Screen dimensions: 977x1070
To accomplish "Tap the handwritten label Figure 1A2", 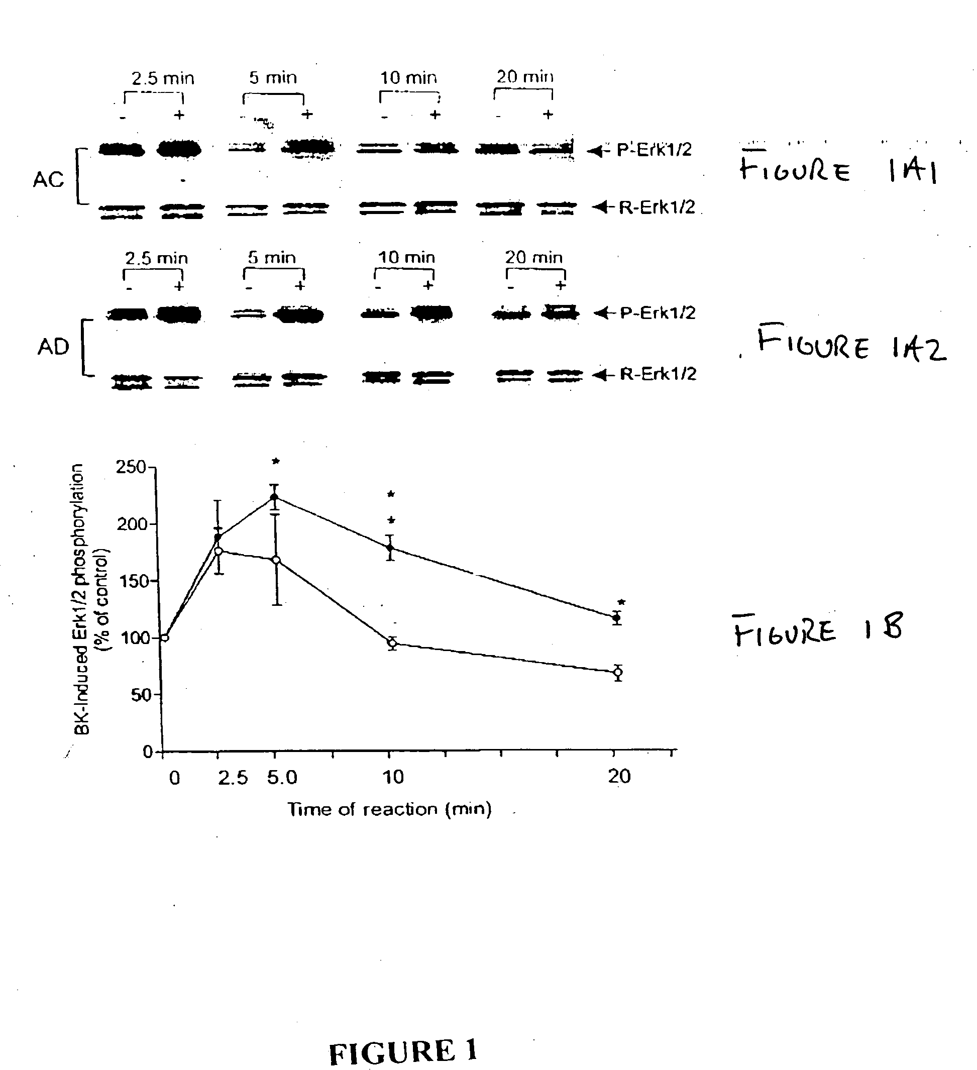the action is click(x=851, y=344).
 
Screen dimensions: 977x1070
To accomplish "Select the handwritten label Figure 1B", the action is click(x=817, y=630).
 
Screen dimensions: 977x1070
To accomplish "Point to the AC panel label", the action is click(x=48, y=180).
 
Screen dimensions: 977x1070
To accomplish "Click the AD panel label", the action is click(x=53, y=347).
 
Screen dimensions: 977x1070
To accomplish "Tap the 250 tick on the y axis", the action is click(x=131, y=467).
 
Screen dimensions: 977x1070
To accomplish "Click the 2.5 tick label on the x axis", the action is click(x=233, y=778).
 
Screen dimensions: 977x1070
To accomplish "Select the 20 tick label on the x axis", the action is click(x=619, y=777).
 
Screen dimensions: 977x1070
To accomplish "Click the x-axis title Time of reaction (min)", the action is click(x=389, y=809).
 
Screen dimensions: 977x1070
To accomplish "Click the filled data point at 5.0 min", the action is click(x=274, y=497).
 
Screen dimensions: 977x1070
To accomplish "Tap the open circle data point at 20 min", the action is click(x=617, y=673).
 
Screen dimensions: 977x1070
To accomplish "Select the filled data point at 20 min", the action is click(x=617, y=617).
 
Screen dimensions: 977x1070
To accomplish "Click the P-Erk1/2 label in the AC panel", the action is click(x=654, y=150).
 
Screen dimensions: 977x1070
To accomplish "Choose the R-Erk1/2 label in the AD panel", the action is click(x=658, y=374).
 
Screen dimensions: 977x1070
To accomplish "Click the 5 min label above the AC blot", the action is click(x=273, y=78).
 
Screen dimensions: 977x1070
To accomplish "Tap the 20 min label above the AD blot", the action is click(x=533, y=258).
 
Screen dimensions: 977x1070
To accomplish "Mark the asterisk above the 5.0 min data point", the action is click(x=275, y=461).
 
